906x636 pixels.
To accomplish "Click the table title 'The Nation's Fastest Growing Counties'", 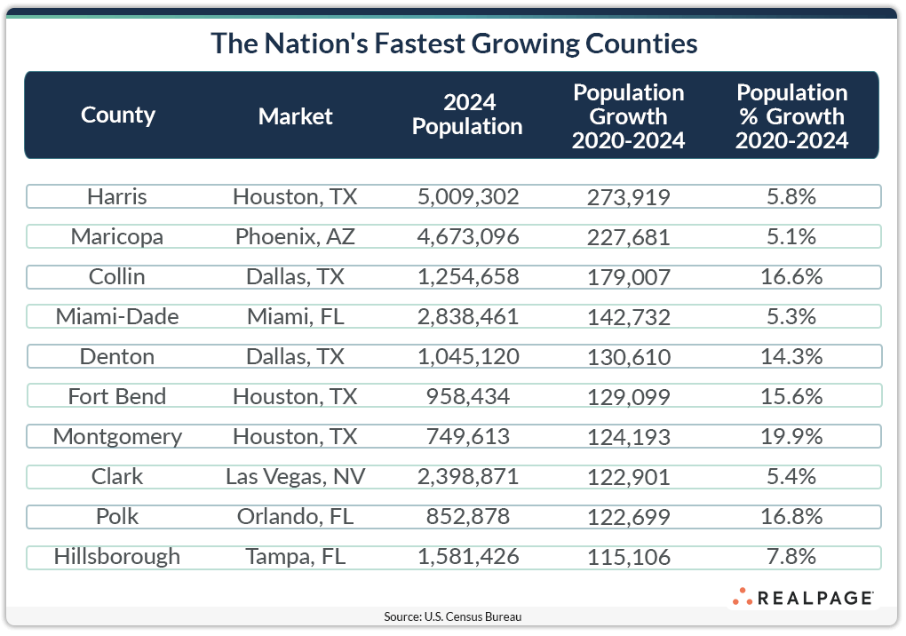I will (x=453, y=44).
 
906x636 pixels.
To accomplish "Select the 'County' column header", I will (x=118, y=115).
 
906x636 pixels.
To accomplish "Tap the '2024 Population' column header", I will (x=467, y=115).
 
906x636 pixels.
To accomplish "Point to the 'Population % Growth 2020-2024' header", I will (x=792, y=116).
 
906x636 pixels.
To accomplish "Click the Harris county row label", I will (x=117, y=196).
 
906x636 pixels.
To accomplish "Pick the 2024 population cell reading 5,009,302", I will (x=467, y=196).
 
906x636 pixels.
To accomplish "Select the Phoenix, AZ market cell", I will (x=295, y=236).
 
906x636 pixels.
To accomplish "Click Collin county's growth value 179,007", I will (x=629, y=277).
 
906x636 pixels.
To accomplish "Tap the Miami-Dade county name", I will (x=117, y=316).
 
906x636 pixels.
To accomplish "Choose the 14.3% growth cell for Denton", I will (x=791, y=356).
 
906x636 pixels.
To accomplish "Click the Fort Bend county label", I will (x=117, y=396).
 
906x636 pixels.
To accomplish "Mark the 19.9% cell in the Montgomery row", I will (x=791, y=436).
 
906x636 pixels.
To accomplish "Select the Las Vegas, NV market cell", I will (x=295, y=476).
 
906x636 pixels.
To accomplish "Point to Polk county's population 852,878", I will (x=467, y=516).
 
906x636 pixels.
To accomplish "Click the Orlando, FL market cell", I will (x=295, y=516).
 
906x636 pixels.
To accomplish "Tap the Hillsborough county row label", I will (x=117, y=556).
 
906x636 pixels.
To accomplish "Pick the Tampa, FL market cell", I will (x=295, y=556).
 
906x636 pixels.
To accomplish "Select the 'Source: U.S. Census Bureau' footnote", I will (x=453, y=616).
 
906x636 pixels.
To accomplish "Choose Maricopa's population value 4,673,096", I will (x=467, y=236).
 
